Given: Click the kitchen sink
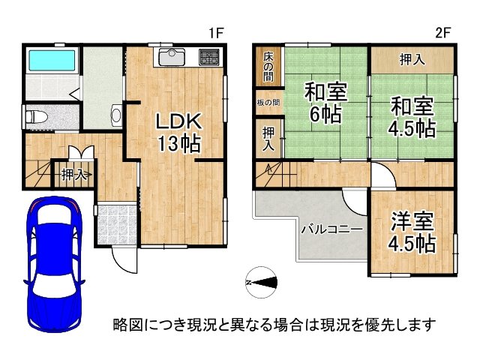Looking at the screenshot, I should point(172,57).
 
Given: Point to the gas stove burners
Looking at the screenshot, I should point(208,57).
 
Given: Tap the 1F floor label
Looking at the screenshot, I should point(217,32).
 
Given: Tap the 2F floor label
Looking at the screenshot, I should point(443,32).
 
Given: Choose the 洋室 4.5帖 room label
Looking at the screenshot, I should point(412,232).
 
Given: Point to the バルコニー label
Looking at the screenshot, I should point(332,229).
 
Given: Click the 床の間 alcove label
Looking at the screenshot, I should point(268,66).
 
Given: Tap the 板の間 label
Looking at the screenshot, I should point(266,103).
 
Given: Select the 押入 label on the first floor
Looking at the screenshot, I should point(73,176).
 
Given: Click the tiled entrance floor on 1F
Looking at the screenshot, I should point(116,223).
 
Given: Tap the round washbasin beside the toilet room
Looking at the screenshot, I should point(116,116).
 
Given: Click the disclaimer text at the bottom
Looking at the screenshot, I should point(274,325).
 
